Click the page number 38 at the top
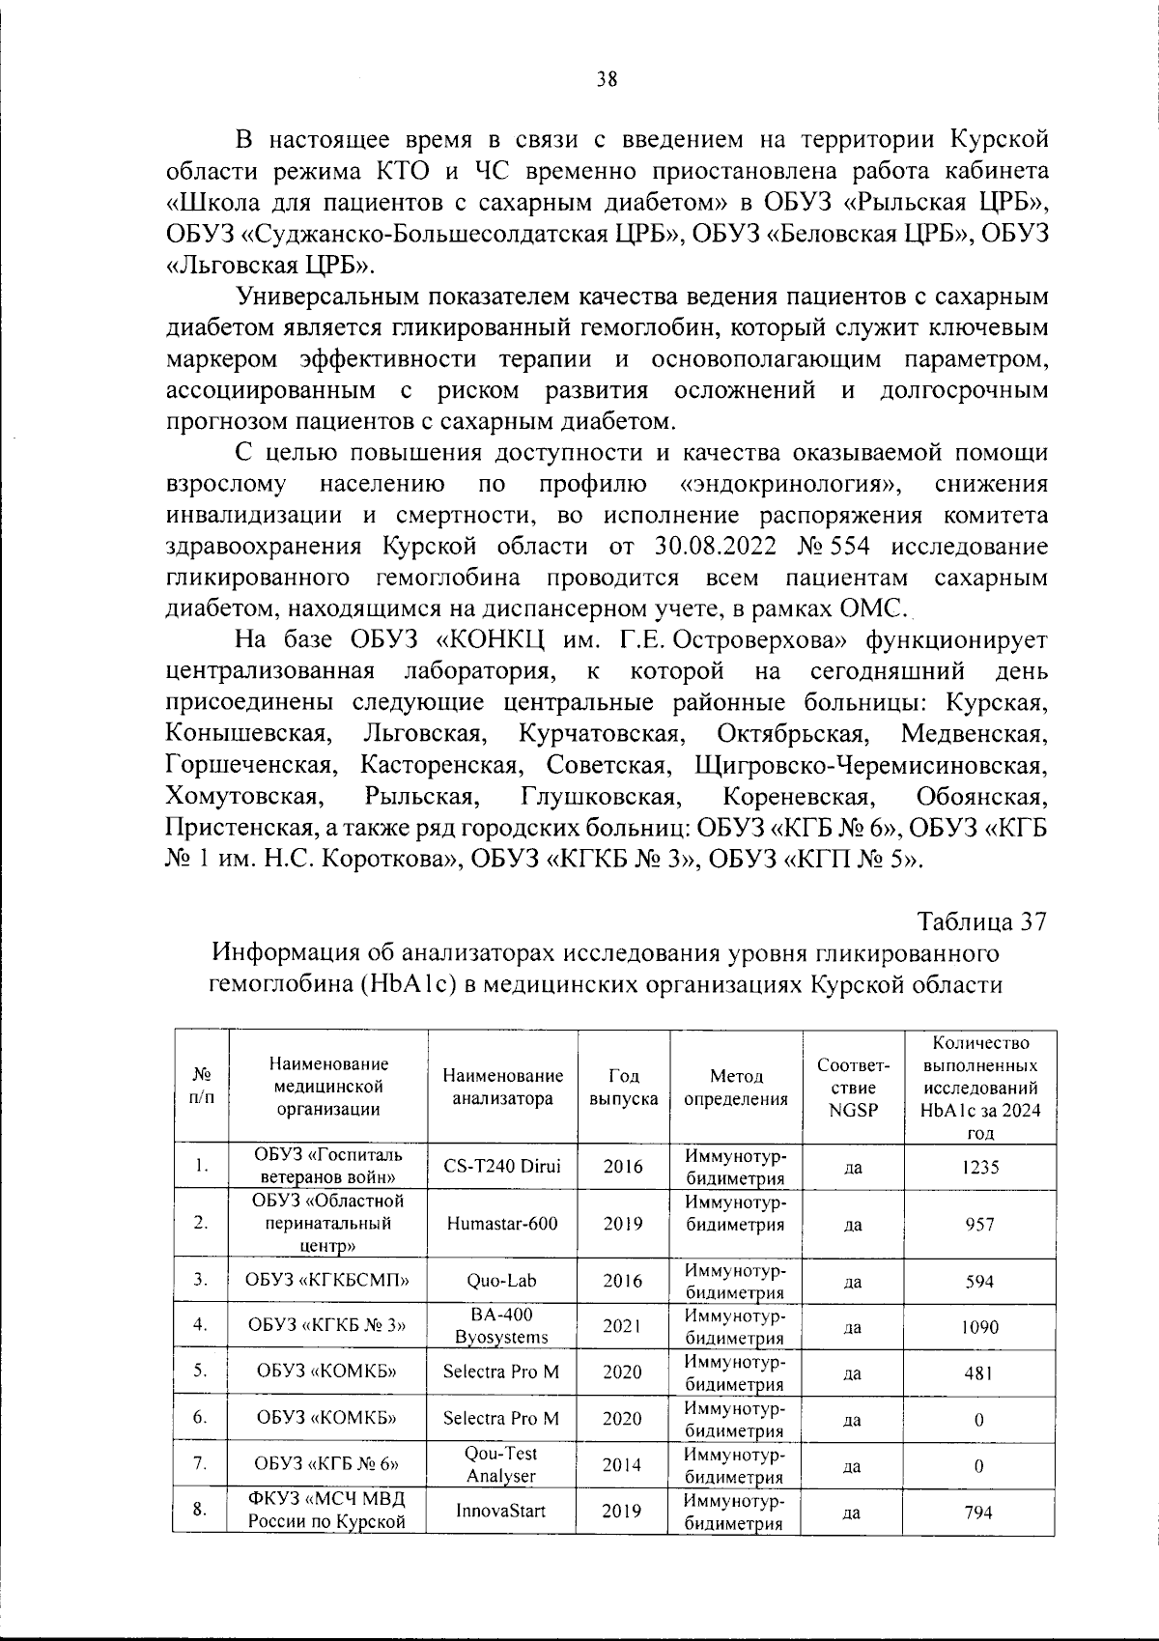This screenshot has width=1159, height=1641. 607,80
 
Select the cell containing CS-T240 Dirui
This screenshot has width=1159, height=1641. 502,1166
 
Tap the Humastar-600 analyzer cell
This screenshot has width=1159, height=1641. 502,1223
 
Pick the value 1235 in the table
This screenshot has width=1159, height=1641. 980,1167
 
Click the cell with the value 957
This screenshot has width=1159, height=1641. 980,1224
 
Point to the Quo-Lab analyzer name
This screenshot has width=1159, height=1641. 501,1281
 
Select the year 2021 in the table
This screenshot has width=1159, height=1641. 623,1326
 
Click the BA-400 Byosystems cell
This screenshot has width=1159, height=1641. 501,1326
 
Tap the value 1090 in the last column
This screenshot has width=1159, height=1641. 980,1327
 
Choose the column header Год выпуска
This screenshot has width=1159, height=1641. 623,1087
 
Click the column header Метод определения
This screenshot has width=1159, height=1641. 736,1087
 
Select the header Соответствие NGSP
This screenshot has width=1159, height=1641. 853,1087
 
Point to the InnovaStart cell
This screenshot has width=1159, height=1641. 501,1511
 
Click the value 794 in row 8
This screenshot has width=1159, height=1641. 979,1513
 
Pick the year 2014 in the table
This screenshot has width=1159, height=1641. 623,1464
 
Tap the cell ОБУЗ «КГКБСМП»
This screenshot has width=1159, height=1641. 327,1281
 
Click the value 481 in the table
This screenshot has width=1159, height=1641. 979,1373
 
